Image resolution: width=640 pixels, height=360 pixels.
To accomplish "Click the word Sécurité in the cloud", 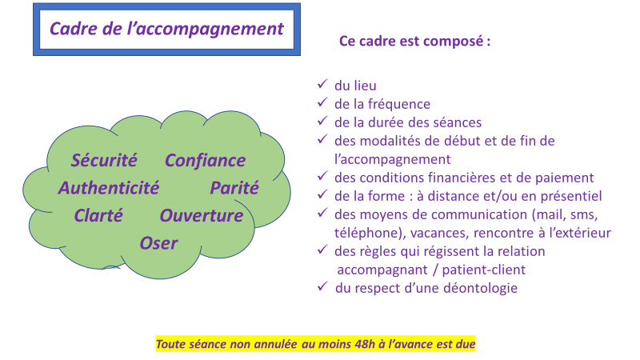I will point(104,160).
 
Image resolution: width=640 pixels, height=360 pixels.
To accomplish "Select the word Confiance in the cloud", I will point(205,160).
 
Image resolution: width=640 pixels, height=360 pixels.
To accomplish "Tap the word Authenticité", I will point(108,188).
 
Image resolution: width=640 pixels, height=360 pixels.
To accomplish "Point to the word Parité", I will point(234,188).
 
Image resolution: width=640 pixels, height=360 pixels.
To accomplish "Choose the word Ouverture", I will point(201,215).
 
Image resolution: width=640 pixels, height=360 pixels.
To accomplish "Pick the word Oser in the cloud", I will point(158,242).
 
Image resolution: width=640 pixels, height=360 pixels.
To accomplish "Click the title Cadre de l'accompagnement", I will point(166,28).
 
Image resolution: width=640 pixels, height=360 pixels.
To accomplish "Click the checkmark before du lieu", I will point(322,84).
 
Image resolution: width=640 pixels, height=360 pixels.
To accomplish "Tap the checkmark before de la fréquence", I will point(322,102).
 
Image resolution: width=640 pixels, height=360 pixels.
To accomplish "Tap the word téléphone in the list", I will point(364,233).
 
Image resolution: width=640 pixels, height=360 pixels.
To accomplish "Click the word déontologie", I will point(479,288).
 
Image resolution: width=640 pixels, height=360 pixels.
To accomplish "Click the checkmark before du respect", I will point(322,286).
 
